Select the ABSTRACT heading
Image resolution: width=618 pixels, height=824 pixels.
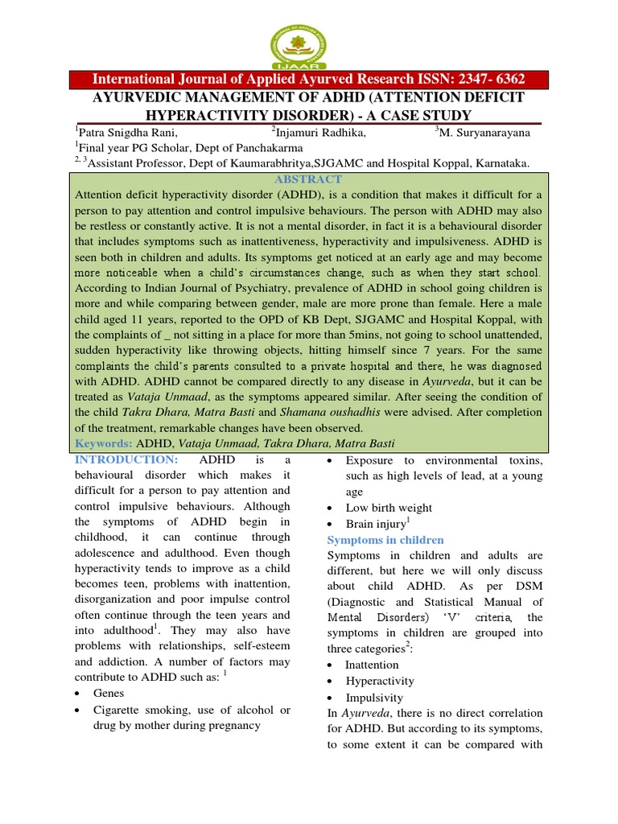[308, 179]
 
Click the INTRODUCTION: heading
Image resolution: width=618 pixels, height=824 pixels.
[126, 459]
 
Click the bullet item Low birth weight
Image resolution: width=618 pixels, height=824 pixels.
[389, 508]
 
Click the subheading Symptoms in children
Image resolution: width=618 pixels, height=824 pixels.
[385, 539]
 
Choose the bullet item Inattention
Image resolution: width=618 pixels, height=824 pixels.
[372, 665]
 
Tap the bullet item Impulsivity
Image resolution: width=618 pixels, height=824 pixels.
[374, 698]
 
